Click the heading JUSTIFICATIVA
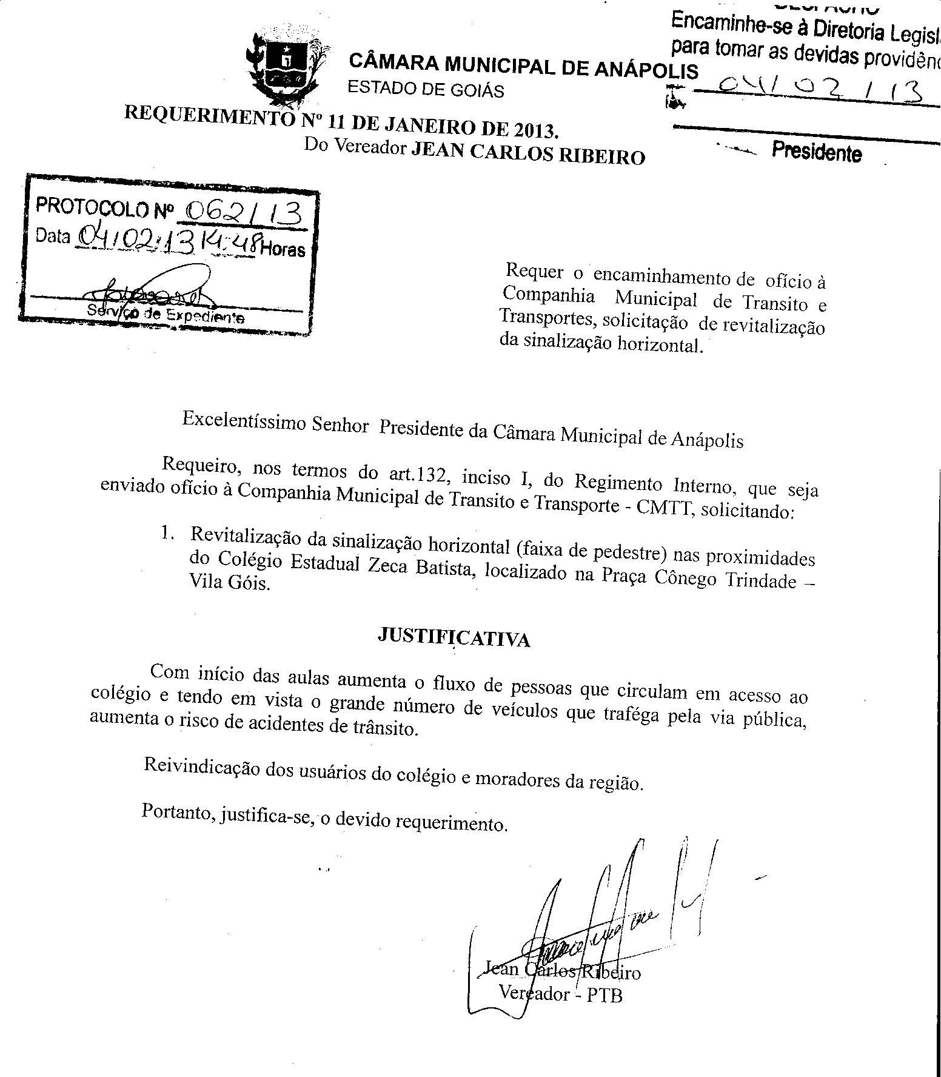pyautogui.click(x=454, y=637)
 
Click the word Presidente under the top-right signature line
pyautogui.click(x=816, y=152)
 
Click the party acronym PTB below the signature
pyautogui.click(x=604, y=995)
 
